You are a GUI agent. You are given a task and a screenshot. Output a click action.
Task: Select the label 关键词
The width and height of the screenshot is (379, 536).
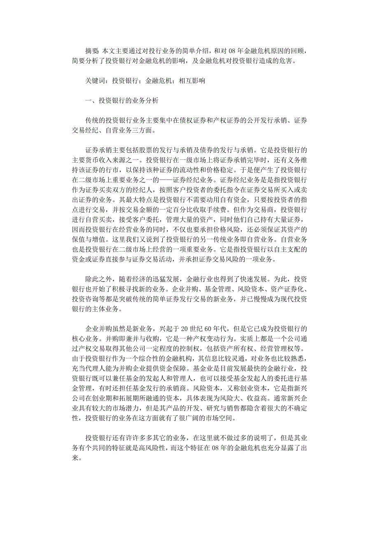(x=95, y=81)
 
